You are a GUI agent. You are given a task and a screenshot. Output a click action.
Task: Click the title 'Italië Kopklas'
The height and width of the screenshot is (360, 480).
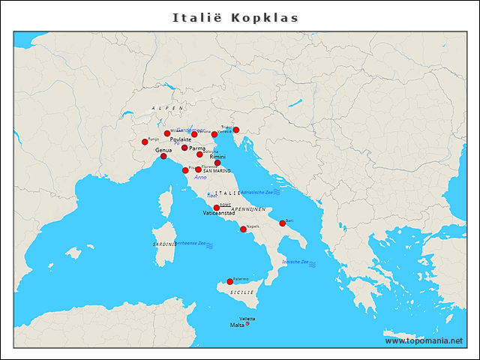point(235,16)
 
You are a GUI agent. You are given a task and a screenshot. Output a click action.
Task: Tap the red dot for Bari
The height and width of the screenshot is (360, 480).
point(283,223)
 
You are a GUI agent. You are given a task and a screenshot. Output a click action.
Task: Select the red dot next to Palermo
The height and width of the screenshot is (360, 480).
point(230,282)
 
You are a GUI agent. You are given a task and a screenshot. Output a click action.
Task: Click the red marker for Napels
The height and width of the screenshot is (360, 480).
point(242,229)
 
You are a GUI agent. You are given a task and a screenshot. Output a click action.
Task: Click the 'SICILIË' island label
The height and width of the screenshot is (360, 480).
point(241,291)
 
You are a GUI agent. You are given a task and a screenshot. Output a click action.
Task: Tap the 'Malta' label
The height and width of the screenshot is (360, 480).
point(236,325)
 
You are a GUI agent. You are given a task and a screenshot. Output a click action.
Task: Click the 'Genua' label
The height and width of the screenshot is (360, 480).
point(163,150)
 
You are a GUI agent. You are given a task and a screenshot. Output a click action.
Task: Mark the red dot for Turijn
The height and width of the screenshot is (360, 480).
point(145,142)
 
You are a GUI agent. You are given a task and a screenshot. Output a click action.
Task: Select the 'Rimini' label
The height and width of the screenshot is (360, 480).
point(217,157)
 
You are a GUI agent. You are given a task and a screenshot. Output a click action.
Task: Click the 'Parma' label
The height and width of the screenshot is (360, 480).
point(197,148)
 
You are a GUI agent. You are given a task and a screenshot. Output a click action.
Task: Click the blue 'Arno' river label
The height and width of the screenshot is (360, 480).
point(199,178)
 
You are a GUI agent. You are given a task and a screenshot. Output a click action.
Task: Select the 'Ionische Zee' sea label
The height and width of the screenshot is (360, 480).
point(295,262)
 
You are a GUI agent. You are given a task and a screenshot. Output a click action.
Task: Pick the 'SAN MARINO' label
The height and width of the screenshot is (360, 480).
point(217,171)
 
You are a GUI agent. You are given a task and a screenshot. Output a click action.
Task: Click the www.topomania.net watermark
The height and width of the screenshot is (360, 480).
point(423,340)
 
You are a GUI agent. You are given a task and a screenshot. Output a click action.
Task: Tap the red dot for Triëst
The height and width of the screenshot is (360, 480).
point(236,130)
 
